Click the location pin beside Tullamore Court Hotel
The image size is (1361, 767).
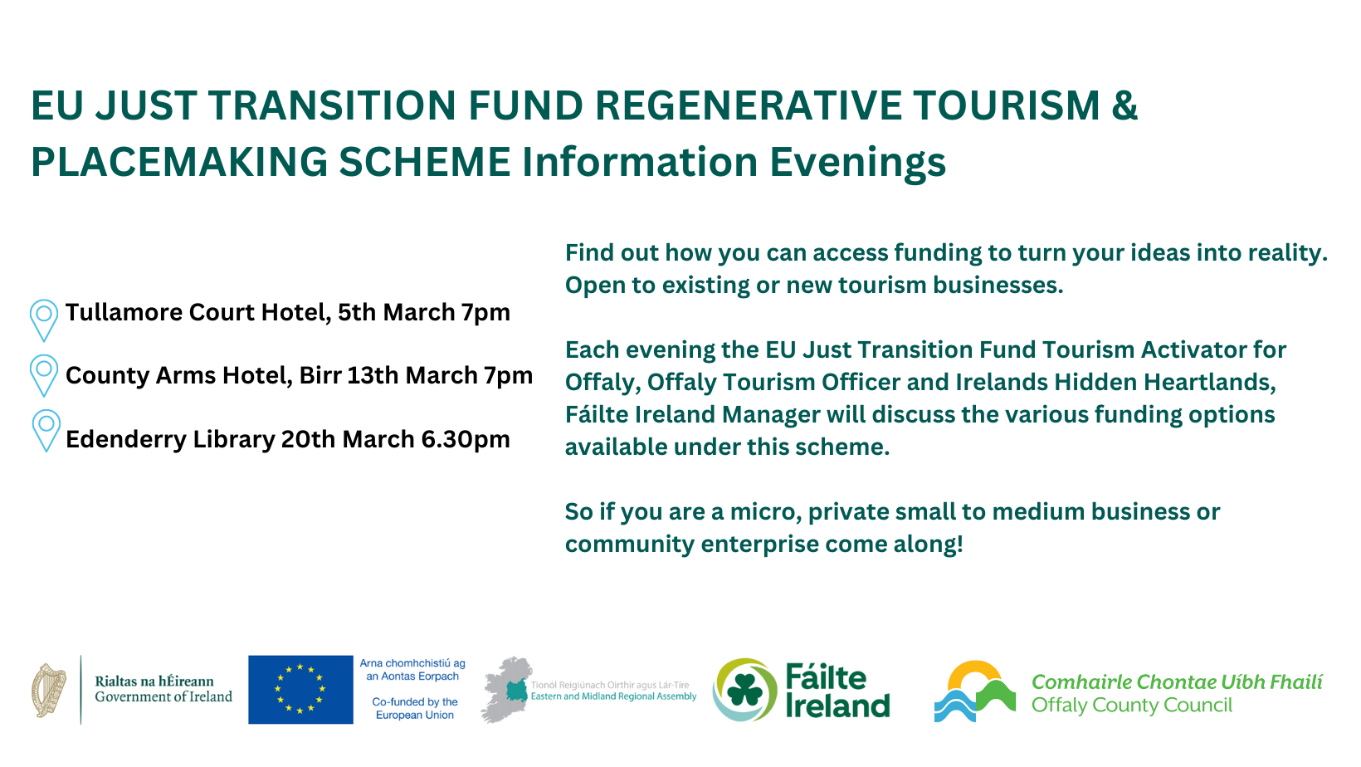[44, 319]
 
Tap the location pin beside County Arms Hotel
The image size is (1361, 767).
[44, 374]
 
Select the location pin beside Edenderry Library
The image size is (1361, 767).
[46, 429]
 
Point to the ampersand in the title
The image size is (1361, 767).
[1124, 105]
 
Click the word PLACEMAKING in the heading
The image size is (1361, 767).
[178, 162]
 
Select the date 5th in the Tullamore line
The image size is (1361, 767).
[357, 312]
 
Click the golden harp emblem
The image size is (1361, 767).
[49, 690]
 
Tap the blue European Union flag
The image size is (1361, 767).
[300, 689]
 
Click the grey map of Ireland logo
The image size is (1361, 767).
[506, 689]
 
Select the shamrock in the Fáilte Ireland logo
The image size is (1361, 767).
[745, 691]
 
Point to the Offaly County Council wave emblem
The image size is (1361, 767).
[974, 691]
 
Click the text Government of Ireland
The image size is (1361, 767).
[163, 697]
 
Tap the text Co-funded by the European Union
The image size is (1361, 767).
[415, 708]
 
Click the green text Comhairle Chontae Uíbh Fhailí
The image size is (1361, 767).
[1176, 682]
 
